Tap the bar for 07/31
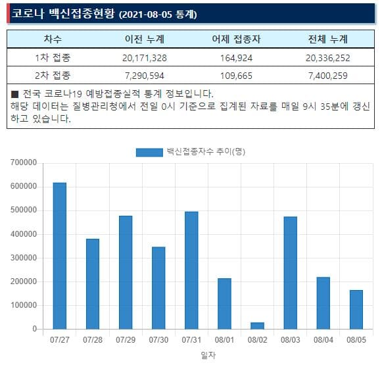(191, 270)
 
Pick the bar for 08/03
(290, 272)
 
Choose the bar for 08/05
(356, 309)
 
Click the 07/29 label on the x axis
(126, 339)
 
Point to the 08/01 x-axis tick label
(224, 339)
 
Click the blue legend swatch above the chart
(149, 152)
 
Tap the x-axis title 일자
(208, 355)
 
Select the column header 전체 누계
(328, 39)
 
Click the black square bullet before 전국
(15, 94)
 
